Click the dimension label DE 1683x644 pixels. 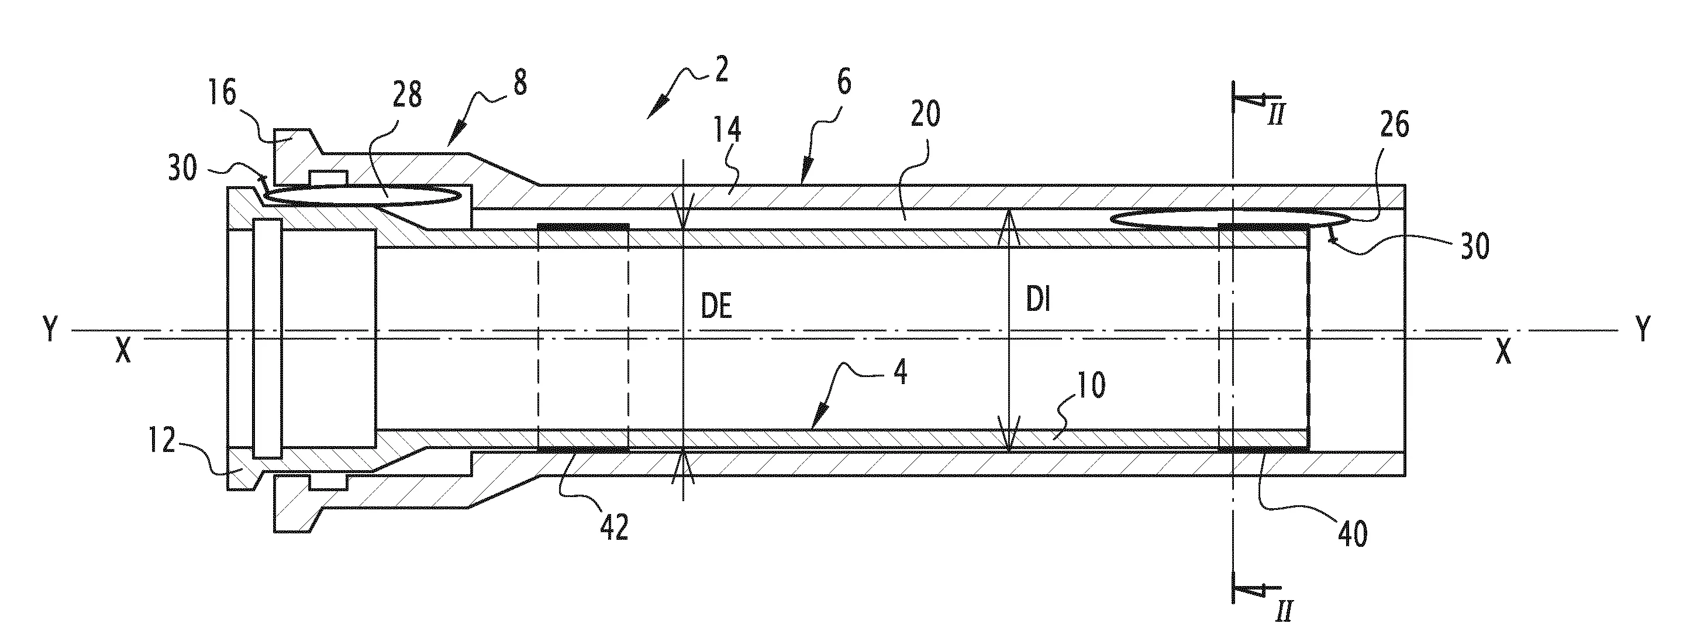(x=716, y=308)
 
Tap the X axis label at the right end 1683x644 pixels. (x=1503, y=354)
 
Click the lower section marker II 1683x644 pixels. (x=1283, y=611)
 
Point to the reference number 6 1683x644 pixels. (x=843, y=84)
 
